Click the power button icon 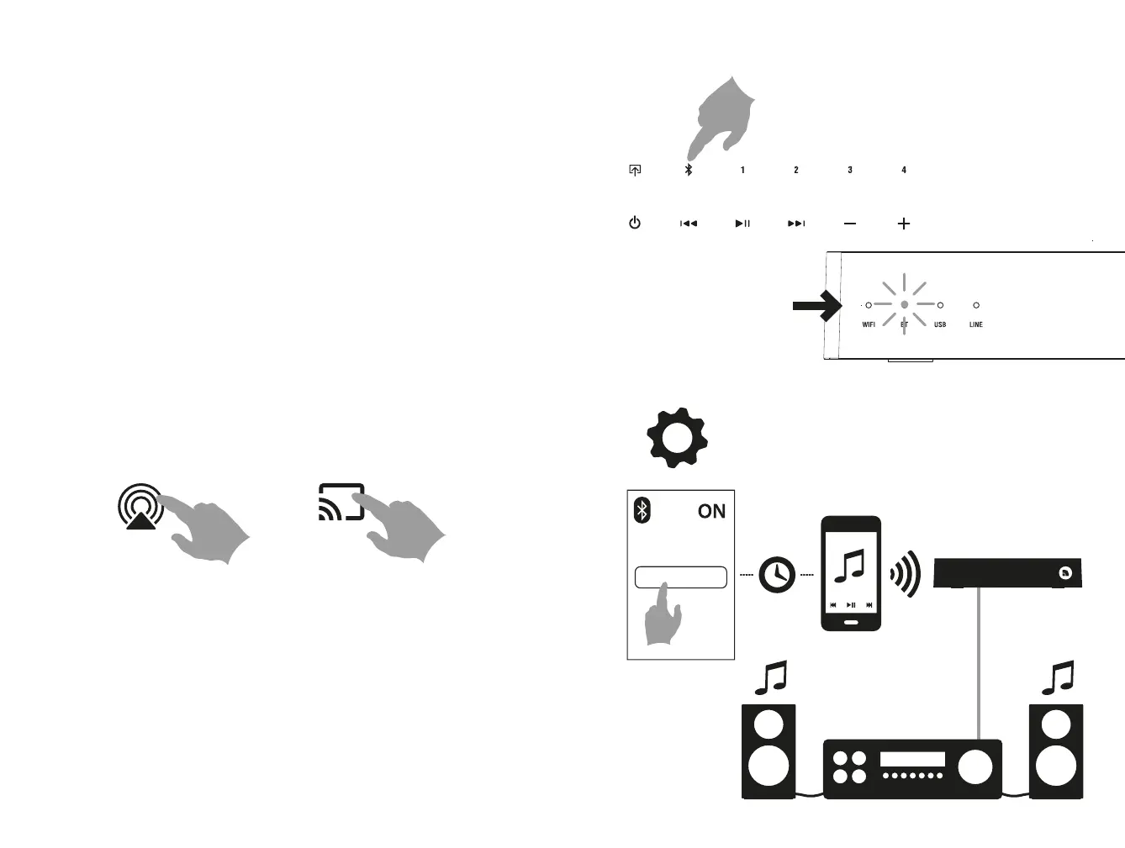click(635, 223)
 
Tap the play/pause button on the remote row click(742, 224)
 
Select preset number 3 click(850, 170)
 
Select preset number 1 click(742, 170)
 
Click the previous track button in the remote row click(689, 224)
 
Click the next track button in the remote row click(796, 224)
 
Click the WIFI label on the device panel click(869, 324)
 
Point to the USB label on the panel click(940, 324)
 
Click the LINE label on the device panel click(975, 324)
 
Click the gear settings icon click(677, 438)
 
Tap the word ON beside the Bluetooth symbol click(711, 511)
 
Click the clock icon click(777, 576)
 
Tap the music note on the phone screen click(850, 566)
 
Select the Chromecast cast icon click(341, 502)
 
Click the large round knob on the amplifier click(974, 766)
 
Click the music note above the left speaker click(770, 677)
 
